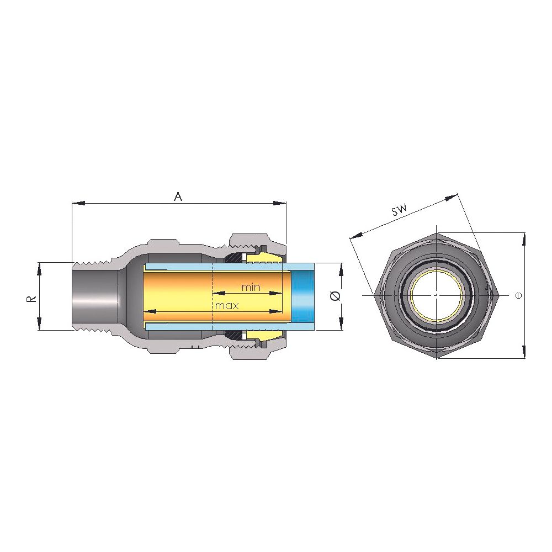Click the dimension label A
(x=178, y=197)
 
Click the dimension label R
(x=31, y=299)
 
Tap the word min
(x=251, y=287)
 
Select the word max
(x=227, y=305)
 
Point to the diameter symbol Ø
(x=335, y=296)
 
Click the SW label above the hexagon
(x=399, y=210)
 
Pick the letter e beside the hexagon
(x=518, y=295)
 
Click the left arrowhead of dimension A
(x=78, y=203)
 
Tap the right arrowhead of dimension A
(x=280, y=203)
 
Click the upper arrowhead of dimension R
(x=39, y=269)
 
